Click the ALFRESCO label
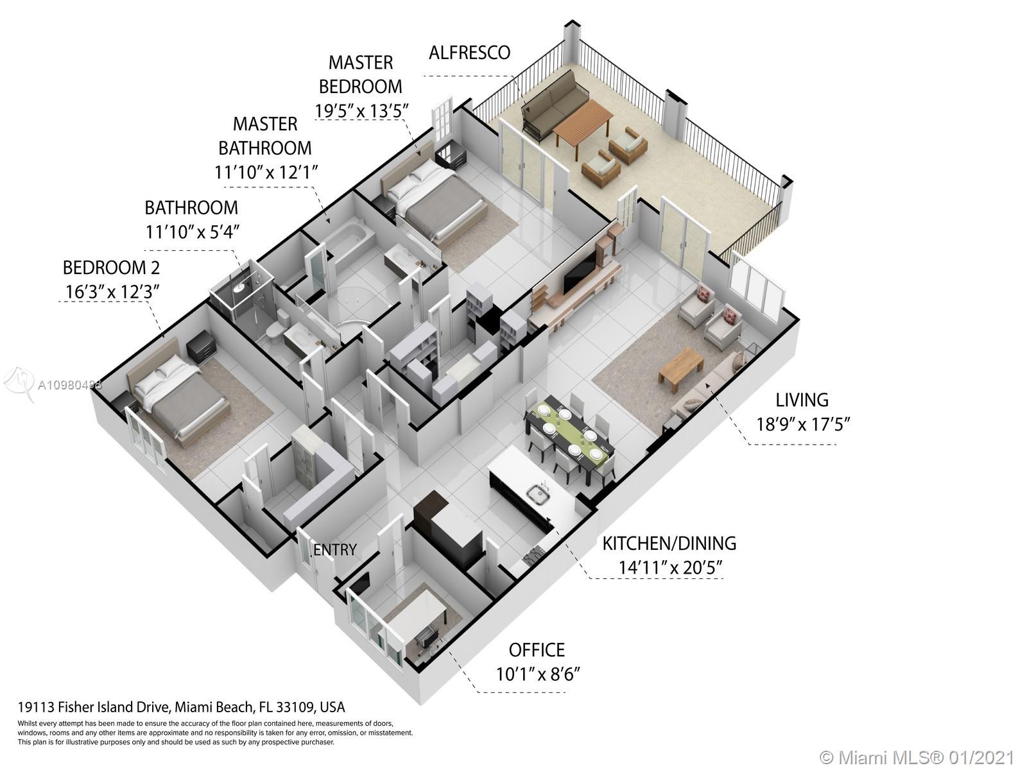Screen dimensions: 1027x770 pyautogui.click(x=469, y=53)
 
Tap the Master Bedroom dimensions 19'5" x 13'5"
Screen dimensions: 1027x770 pyautogui.click(x=361, y=111)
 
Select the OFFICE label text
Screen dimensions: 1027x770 pyautogui.click(x=537, y=650)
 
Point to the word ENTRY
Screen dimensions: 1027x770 pyautogui.click(x=335, y=550)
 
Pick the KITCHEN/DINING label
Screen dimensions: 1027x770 pyautogui.click(x=669, y=543)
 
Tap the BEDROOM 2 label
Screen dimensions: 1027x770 pyautogui.click(x=111, y=268)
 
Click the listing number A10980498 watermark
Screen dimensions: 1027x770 pyautogui.click(x=69, y=385)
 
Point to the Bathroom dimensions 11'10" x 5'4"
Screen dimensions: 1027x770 pyautogui.click(x=193, y=232)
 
